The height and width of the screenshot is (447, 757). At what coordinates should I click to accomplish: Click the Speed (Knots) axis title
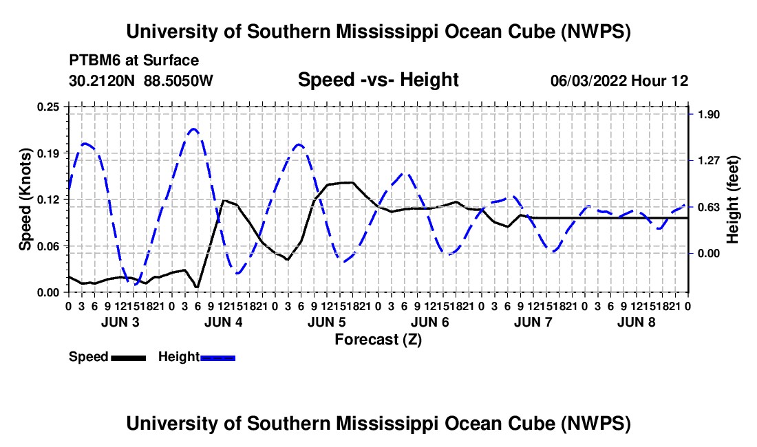tap(25, 199)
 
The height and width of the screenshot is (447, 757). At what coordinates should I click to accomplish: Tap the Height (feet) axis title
tap(732, 199)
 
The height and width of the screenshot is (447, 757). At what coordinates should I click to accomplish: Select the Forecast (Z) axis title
tap(378, 340)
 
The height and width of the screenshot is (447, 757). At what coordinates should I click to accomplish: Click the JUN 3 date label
tap(120, 322)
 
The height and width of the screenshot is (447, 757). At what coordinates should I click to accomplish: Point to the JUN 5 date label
tap(327, 322)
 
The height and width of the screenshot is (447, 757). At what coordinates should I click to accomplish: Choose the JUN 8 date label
tap(637, 322)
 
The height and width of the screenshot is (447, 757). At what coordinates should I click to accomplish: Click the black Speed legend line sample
tap(129, 358)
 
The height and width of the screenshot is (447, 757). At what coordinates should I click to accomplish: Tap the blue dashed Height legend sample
tap(217, 358)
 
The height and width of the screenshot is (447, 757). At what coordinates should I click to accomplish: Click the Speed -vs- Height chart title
tap(378, 80)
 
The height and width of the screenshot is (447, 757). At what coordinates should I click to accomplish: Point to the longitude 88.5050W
tap(178, 80)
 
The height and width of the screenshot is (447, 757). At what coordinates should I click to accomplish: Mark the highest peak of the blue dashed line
tap(193, 129)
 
